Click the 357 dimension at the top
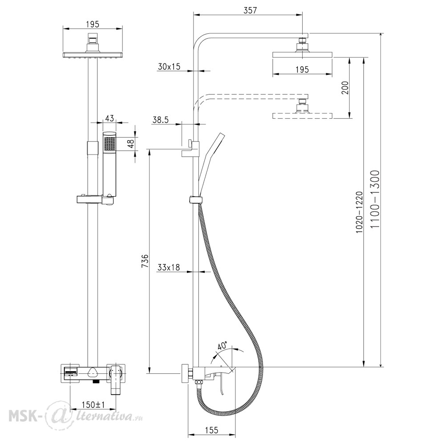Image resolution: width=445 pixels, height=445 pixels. [250, 10]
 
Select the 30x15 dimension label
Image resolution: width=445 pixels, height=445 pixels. [169, 67]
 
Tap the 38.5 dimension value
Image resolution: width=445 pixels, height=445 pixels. [161, 120]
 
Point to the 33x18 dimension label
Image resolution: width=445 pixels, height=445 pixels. [169, 267]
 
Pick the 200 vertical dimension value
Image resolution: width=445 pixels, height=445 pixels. [345, 88]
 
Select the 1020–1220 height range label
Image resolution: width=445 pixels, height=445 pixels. [360, 212]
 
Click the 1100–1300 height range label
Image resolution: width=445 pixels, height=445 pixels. [375, 199]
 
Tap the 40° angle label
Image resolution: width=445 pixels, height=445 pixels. [222, 346]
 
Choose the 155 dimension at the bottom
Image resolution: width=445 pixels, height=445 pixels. [211, 430]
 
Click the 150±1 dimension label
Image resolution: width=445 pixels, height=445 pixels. [93, 405]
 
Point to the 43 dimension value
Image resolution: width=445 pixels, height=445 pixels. [109, 118]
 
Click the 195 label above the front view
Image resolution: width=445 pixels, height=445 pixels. [93, 24]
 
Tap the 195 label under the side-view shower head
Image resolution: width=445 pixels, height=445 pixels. [302, 69]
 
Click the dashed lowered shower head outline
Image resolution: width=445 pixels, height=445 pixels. [302, 116]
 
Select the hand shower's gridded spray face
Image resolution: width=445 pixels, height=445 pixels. [109, 144]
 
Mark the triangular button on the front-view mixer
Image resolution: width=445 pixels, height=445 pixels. [93, 371]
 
